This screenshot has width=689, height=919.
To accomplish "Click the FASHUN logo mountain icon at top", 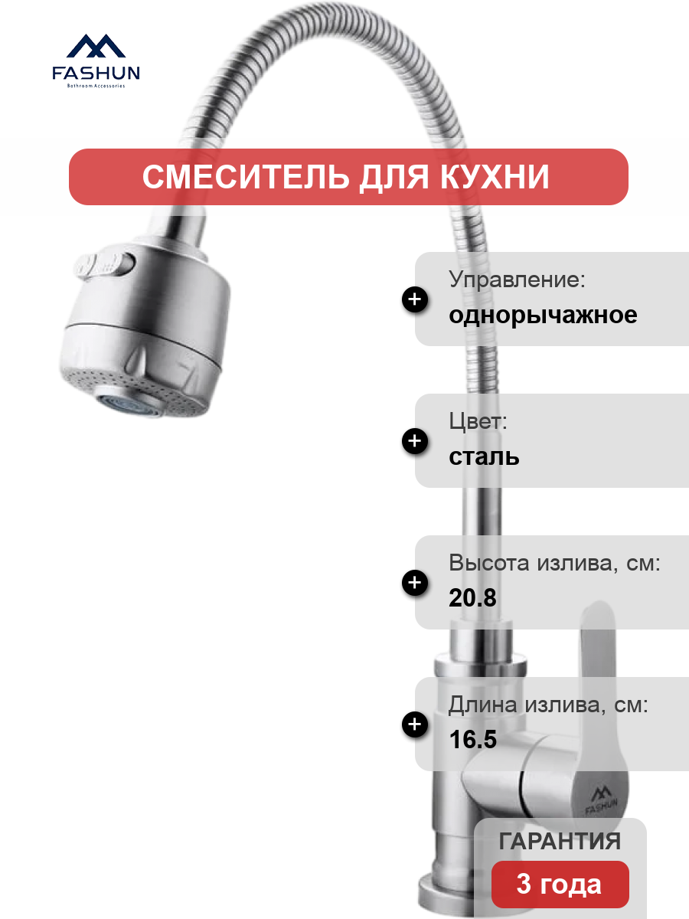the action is [x=96, y=46].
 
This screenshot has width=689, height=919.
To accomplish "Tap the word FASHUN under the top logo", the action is [x=96, y=73].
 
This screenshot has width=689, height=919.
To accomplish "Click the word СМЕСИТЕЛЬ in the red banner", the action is [x=247, y=177].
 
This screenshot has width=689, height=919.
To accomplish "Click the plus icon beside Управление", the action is [x=415, y=299].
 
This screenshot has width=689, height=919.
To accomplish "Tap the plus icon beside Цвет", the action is [x=415, y=441].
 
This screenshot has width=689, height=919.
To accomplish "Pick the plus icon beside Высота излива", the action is [x=415, y=582].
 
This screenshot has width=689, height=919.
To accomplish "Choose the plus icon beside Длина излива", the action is [x=415, y=724].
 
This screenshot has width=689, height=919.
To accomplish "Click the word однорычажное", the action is [x=543, y=316].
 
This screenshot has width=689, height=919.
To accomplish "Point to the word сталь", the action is [x=484, y=456].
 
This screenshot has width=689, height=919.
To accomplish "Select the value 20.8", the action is [x=472, y=597].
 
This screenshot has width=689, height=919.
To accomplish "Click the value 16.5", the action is [x=472, y=739].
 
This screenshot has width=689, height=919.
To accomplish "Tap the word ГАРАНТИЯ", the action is [x=560, y=841].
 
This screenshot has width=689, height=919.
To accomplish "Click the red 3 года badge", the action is [x=560, y=885].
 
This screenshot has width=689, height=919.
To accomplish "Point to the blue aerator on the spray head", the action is [x=126, y=404].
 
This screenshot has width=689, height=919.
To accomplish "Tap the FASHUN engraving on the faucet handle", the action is [x=602, y=800].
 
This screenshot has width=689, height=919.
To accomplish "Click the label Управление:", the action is [x=517, y=280].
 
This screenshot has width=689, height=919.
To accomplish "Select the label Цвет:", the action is [x=478, y=420].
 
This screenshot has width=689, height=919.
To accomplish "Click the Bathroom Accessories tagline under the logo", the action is [x=96, y=86].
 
